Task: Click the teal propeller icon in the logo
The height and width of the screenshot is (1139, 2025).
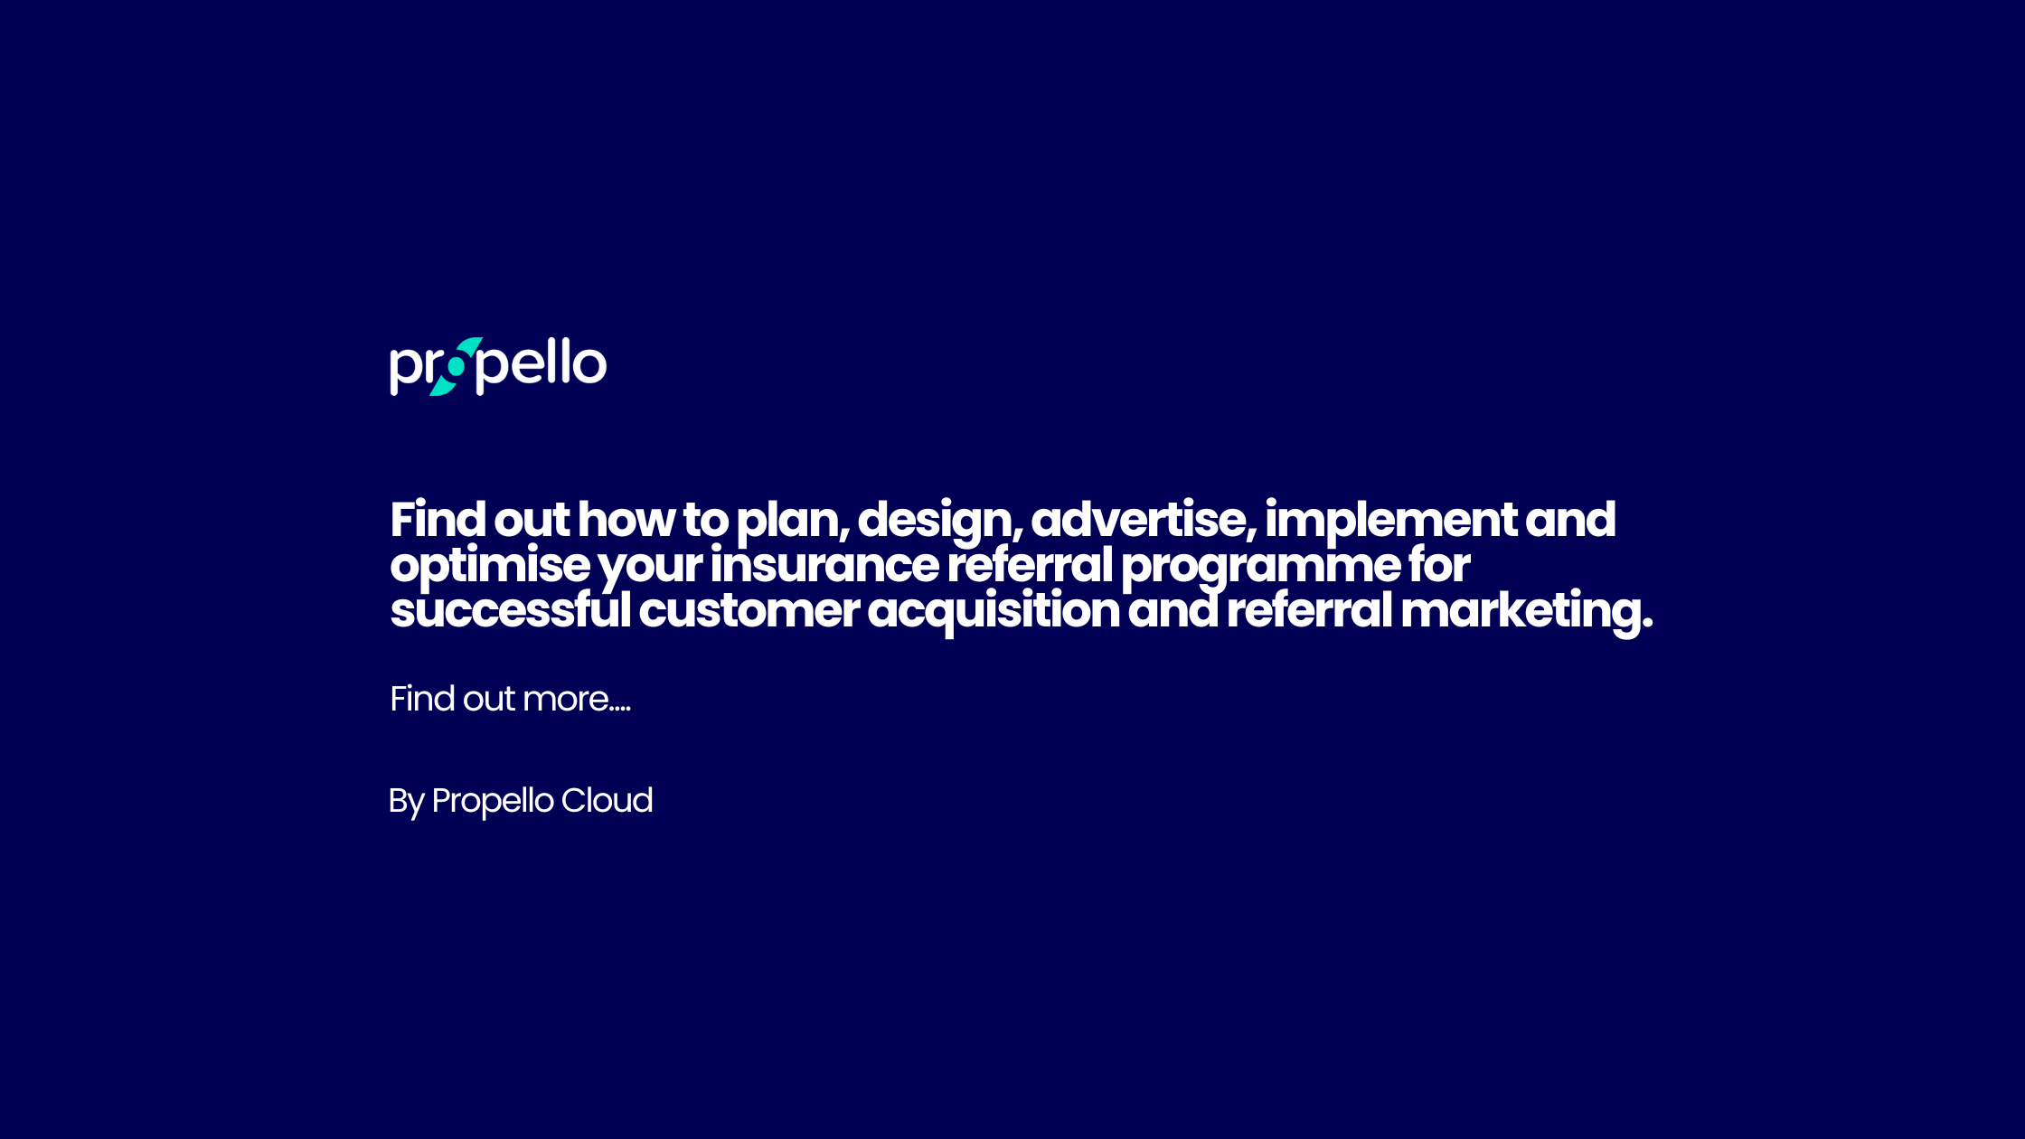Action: [457, 367]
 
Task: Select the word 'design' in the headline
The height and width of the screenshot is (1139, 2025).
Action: [937, 522]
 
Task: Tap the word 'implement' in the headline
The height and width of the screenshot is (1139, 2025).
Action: [1390, 522]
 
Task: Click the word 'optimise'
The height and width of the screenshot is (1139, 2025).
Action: [489, 567]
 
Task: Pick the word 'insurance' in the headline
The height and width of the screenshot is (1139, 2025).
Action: [824, 565]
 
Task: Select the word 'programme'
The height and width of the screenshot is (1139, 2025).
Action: [1260, 567]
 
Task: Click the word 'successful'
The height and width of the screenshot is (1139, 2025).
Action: [510, 610]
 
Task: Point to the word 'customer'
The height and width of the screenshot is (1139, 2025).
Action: [749, 611]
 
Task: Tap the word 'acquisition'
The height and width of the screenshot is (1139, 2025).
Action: [993, 612]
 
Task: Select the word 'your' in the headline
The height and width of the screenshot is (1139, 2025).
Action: [650, 567]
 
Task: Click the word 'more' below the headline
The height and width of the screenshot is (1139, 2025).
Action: [565, 700]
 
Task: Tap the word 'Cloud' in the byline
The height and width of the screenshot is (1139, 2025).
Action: [607, 801]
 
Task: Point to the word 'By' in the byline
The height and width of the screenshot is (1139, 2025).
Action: [406, 802]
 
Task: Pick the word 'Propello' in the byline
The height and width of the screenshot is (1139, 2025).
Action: [493, 802]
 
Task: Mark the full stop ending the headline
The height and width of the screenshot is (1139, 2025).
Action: [1647, 624]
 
